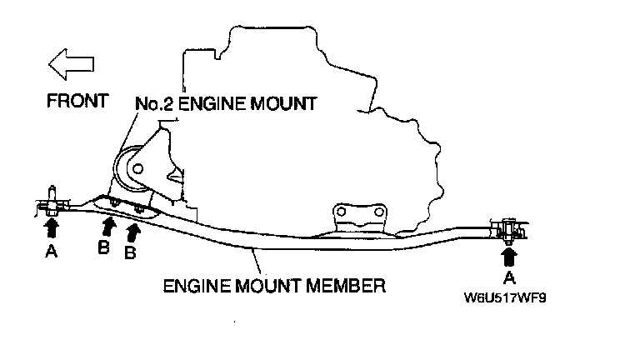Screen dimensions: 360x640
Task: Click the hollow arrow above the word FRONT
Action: [x=70, y=62]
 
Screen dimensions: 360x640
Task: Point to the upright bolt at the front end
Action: [x=52, y=197]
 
